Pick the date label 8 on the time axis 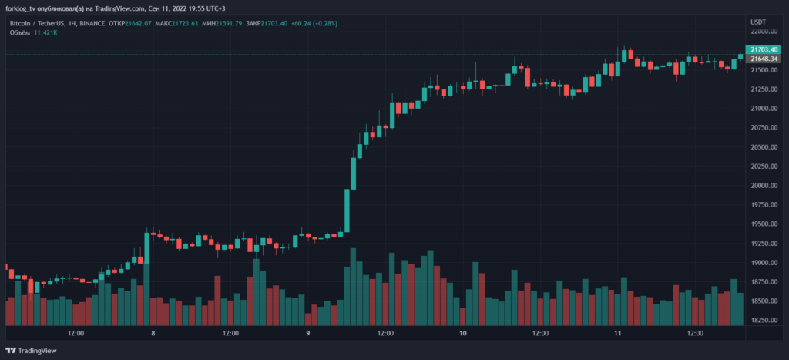153,334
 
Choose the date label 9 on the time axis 308,334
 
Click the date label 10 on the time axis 462,334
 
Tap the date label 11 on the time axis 617,334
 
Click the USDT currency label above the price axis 758,22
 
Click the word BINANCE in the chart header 92,23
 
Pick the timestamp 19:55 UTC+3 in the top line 215,8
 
